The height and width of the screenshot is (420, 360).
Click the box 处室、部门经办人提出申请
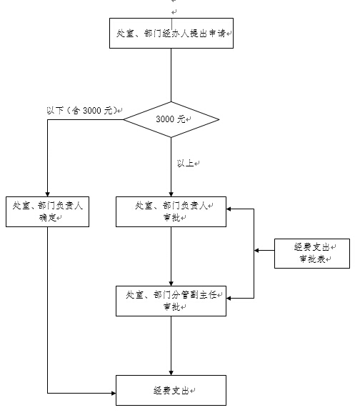pyautogui.click(x=171, y=33)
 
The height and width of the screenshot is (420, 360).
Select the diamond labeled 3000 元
pyautogui.click(x=171, y=119)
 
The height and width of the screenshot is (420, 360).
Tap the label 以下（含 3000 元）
pyautogui.click(x=82, y=110)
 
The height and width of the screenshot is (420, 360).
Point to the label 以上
pyautogui.click(x=185, y=163)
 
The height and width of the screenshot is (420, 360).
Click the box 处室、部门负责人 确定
pyautogui.click(x=47, y=211)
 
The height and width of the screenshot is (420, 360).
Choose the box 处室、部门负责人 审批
pyautogui.click(x=171, y=211)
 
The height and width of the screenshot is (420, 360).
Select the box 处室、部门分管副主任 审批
pyautogui.click(x=171, y=301)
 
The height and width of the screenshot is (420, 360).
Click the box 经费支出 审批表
pyautogui.click(x=312, y=254)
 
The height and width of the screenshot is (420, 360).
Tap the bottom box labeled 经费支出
pyautogui.click(x=171, y=390)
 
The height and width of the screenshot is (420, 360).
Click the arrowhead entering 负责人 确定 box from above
pyautogui.click(x=47, y=194)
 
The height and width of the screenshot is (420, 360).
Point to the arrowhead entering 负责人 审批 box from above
pyautogui.click(x=171, y=194)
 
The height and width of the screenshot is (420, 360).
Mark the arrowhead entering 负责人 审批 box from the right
pyautogui.click(x=229, y=209)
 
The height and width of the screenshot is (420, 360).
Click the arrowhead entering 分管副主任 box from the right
pyautogui.click(x=229, y=298)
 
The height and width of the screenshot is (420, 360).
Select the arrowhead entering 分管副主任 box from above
pyautogui.click(x=171, y=284)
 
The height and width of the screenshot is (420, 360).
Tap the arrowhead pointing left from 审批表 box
pyautogui.click(x=256, y=251)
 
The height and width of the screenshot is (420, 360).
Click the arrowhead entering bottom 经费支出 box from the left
pyautogui.click(x=114, y=393)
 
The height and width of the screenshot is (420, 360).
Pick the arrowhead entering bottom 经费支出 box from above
pyautogui.click(x=171, y=373)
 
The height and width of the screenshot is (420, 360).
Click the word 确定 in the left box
pyautogui.click(x=47, y=217)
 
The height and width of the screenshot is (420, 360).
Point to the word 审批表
pyautogui.click(x=312, y=259)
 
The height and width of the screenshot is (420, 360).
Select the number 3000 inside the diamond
pyautogui.click(x=165, y=119)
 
